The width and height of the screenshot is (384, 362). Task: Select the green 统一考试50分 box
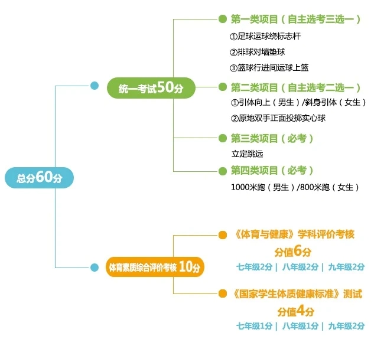coord(151,88)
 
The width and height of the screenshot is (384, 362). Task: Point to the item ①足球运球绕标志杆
coord(265,37)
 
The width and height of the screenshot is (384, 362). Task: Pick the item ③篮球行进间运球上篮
coord(269,67)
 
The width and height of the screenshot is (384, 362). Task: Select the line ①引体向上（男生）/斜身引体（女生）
coord(298,103)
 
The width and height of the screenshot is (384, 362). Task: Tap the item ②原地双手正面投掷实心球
coord(278,118)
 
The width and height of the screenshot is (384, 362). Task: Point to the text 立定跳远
coord(247,154)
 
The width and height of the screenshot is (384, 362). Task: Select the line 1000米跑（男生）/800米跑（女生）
coord(295,187)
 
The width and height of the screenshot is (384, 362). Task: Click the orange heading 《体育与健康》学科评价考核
coord(294,234)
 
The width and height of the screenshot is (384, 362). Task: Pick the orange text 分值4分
coord(296,310)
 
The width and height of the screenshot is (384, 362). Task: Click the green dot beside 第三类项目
coord(222,138)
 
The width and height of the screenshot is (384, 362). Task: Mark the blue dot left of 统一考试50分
coord(94,86)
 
